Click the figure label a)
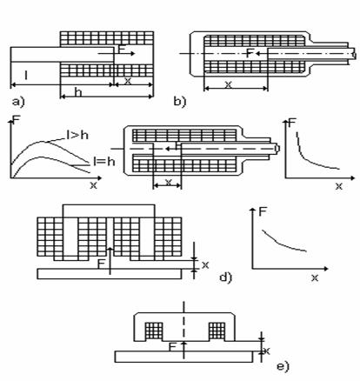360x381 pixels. pos(18,102)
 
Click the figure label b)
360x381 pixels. pos(179,102)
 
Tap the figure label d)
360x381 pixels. pos(226,277)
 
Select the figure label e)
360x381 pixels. pos(283,366)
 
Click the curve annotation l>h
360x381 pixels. pos(77,135)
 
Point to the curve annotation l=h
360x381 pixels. pos(103,161)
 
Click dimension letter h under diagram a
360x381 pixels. pos(77,92)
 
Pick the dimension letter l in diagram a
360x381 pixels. pos(26,76)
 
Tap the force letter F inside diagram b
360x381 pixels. pos(250,53)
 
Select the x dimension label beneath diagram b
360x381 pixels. pos(229,84)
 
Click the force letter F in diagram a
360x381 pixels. pos(122,50)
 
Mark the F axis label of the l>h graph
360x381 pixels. pos(17,120)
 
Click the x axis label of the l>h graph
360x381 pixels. pos(93,185)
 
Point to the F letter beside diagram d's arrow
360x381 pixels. pos(101,264)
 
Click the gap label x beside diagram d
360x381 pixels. pos(205,264)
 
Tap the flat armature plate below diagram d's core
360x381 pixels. pos(110,274)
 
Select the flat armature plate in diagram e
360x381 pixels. pos(183,357)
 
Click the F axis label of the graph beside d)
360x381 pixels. pos(263,212)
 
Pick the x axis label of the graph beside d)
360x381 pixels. pos(315,277)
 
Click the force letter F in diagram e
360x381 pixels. pos(172,347)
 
